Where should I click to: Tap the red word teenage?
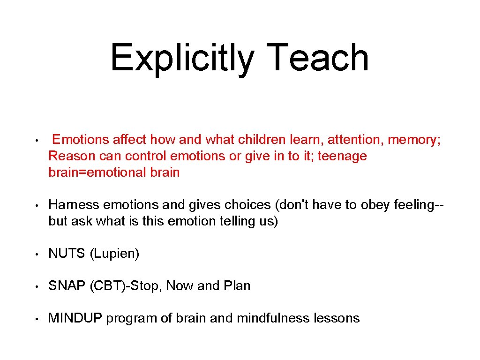tap(342, 156)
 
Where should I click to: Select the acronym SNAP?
tap(67, 286)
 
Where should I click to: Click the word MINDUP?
tap(75, 318)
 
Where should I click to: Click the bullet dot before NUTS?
tap(36, 254)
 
